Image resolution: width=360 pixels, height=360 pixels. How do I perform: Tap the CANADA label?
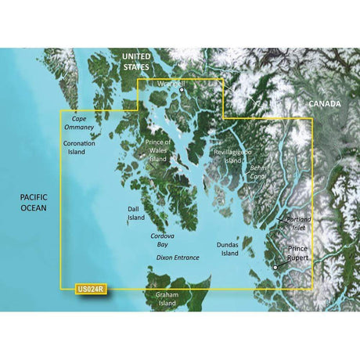(323, 103)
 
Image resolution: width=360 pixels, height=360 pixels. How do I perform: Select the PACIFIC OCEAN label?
(33, 203)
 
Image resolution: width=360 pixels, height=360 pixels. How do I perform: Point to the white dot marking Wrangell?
(182, 89)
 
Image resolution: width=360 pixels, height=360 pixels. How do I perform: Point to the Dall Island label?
(137, 214)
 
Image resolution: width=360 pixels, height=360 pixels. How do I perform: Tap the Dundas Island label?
(229, 250)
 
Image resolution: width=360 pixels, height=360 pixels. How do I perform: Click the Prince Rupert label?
(297, 254)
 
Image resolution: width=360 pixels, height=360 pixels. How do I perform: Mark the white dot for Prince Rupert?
(275, 268)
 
